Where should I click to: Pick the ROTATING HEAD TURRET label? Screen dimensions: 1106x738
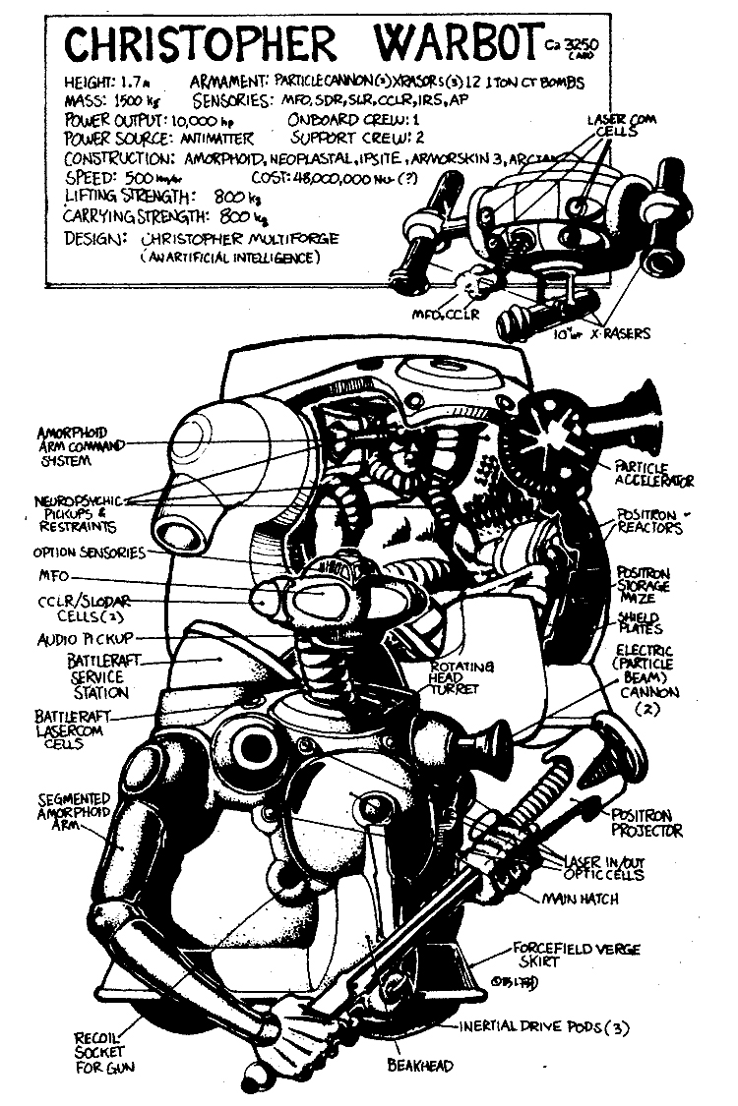tap(456, 679)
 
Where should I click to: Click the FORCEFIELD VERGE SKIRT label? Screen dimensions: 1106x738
tap(576, 954)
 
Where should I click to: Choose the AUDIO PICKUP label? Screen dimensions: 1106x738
tap(85, 638)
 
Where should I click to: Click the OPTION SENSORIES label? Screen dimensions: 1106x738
tap(90, 553)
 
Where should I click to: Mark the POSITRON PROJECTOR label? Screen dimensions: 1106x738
tap(647, 823)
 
